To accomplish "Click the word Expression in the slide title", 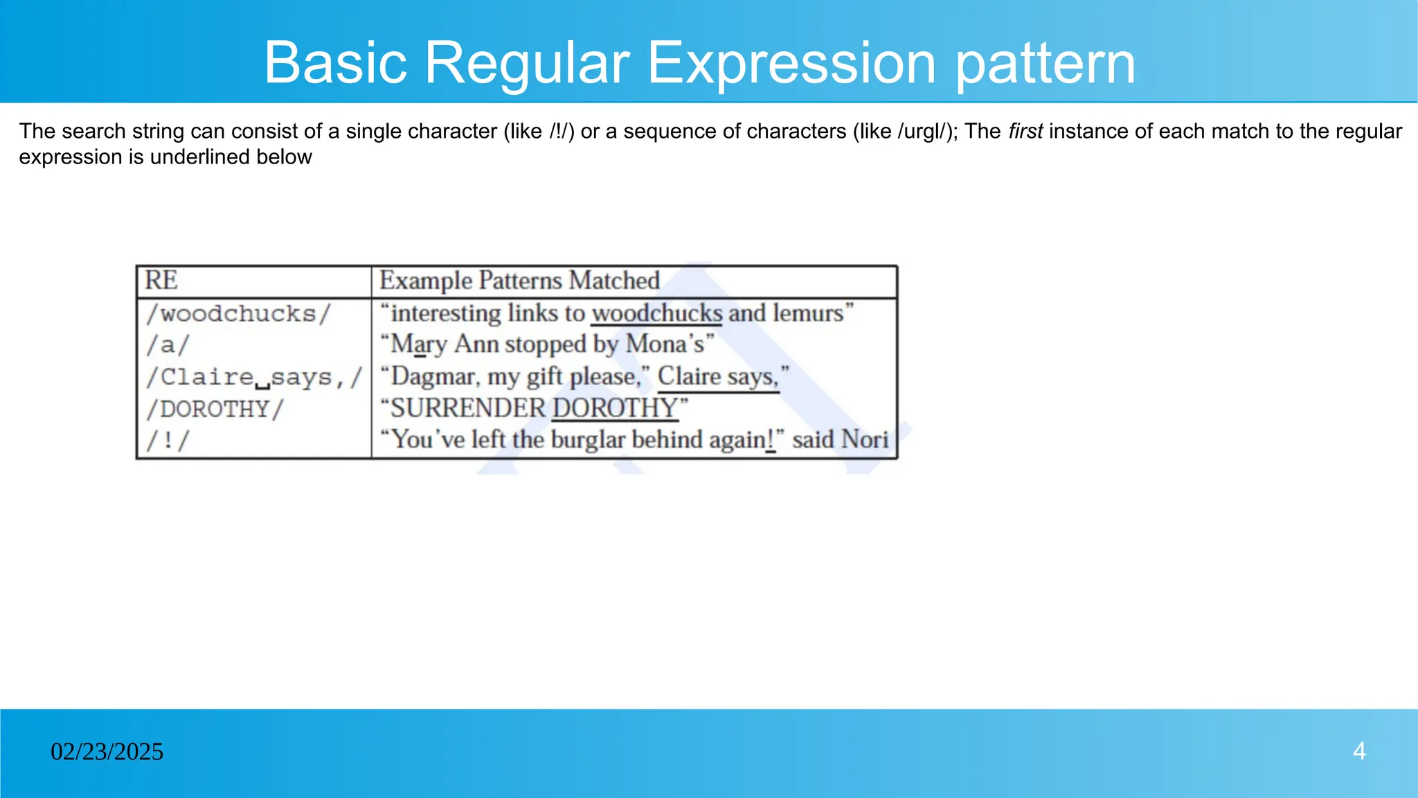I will click(792, 63).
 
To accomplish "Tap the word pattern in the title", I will click(1045, 63).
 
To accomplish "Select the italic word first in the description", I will click(1025, 131).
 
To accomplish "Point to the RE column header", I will click(161, 281).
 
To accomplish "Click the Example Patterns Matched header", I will click(519, 281).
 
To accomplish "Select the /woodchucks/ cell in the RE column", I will click(238, 314).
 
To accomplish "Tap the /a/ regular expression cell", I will click(168, 345).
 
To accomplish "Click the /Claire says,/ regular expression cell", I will click(253, 378).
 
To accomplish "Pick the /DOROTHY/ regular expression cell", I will click(215, 409).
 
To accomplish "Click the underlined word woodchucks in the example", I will click(656, 313).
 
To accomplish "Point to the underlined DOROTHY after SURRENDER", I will click(615, 408).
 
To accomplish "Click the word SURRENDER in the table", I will click(469, 408).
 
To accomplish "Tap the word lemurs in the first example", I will click(808, 313).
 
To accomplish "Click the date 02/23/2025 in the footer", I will click(107, 752).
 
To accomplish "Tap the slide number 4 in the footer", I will click(1359, 752).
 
